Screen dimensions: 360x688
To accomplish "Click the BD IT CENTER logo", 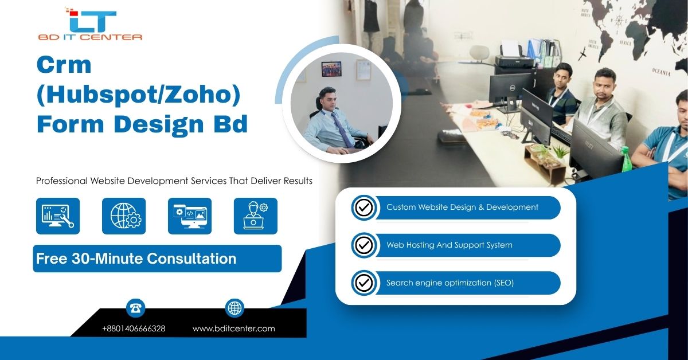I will (91, 24).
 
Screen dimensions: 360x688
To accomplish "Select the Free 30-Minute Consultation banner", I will (157, 259).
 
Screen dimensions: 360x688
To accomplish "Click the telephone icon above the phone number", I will (136, 308).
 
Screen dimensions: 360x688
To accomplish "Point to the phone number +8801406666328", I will (134, 328).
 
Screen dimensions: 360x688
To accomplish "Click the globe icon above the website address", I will (234, 308).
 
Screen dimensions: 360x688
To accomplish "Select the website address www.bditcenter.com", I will (234, 328).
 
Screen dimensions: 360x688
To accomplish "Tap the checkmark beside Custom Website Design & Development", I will (363, 208).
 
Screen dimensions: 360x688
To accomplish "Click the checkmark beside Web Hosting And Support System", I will (363, 245).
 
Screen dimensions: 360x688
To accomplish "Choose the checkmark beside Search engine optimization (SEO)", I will (363, 283).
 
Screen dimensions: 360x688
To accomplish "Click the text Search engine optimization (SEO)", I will (449, 283).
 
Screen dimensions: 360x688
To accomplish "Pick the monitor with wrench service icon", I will (58, 216).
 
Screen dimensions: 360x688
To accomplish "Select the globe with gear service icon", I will (124, 216).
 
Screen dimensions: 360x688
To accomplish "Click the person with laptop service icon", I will (256, 216).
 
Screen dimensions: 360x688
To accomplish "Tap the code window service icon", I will (190, 216).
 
